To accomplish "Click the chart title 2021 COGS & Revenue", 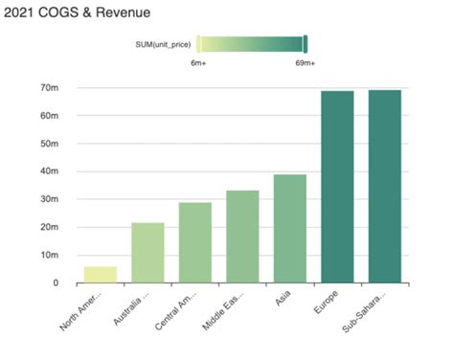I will pos(75,15).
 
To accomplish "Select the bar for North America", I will pos(101,275).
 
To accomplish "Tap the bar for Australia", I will pos(148,253).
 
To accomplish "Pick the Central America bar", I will pos(195,243).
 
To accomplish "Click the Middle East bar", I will pos(242,236).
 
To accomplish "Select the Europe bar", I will pos(337,187).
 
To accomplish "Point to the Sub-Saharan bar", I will pos(385,187).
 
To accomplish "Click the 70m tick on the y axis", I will pos(50,88).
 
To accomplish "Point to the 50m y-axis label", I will pos(50,144).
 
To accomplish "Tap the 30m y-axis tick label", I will pos(50,200).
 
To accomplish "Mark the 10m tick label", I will pos(50,256).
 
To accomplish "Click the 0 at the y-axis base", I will pos(56,283).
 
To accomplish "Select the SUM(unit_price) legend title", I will pos(164,43).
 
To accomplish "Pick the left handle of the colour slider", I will pos(198,43).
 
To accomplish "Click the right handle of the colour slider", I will pos(305,43).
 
